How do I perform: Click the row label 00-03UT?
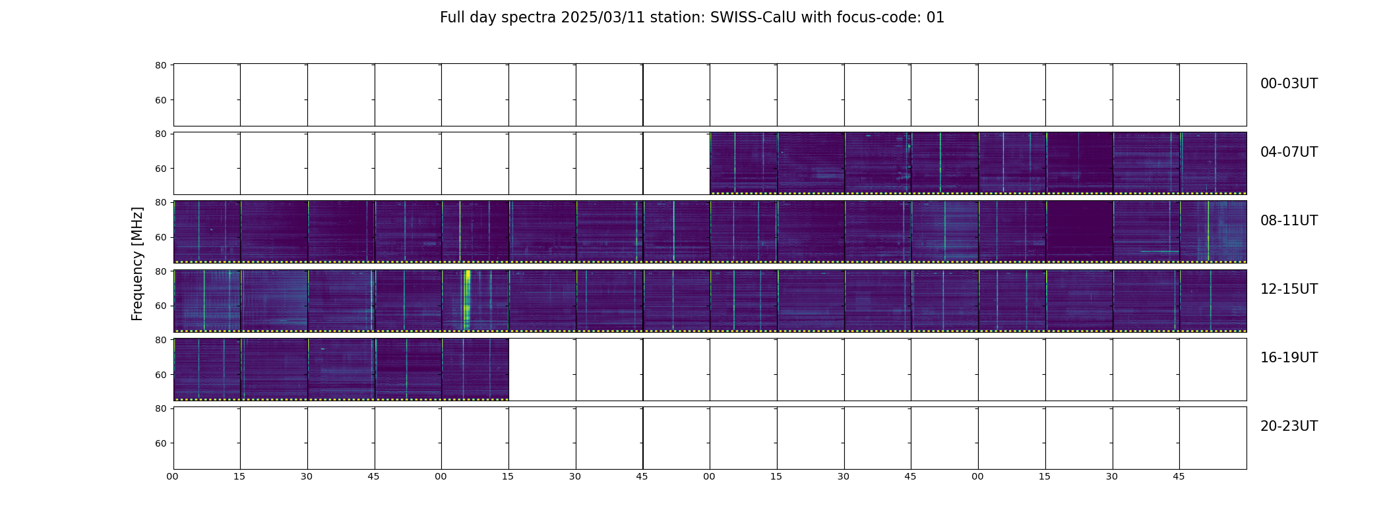pos(1289,84)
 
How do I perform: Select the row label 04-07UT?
pos(1289,152)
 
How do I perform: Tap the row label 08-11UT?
pos(1289,221)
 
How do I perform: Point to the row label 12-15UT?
pos(1289,289)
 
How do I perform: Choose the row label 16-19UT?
pos(1289,358)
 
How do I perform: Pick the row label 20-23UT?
pos(1289,426)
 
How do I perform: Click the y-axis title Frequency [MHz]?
pos(137,264)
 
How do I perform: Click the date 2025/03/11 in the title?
pos(603,18)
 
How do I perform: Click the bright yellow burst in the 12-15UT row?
pos(468,300)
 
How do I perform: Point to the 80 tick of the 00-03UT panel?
pos(160,66)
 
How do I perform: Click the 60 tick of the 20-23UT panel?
pos(160,443)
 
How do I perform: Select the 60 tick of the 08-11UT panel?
pos(160,237)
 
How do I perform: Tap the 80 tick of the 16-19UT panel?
pos(160,340)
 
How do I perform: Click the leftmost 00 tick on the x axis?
pos(172,476)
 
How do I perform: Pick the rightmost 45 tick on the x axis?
pos(1179,476)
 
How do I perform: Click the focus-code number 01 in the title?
pos(935,18)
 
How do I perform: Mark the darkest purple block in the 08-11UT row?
pos(1079,231)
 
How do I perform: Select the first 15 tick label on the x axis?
pos(239,476)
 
